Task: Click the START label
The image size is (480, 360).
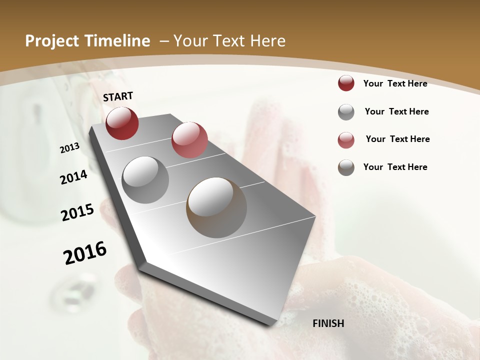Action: [118, 96]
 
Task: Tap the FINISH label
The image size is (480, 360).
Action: [328, 323]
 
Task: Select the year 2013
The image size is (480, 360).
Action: [70, 147]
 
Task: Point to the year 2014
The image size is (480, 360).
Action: [74, 177]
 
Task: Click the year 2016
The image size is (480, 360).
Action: [85, 253]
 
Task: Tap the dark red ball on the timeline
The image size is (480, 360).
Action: [122, 123]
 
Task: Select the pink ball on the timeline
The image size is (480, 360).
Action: [189, 139]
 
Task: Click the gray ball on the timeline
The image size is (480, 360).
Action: [145, 179]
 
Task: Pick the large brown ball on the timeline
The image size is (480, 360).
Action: [216, 207]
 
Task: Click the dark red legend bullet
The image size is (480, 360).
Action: [346, 83]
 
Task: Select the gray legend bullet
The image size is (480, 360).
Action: [346, 112]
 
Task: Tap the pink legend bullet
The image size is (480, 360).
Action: [346, 140]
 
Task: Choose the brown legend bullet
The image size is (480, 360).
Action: [346, 167]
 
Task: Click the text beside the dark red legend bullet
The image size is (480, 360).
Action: [395, 83]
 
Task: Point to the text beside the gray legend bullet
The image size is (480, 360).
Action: [396, 111]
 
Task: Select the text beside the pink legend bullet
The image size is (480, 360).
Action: [397, 139]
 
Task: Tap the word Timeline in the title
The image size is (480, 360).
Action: [118, 41]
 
